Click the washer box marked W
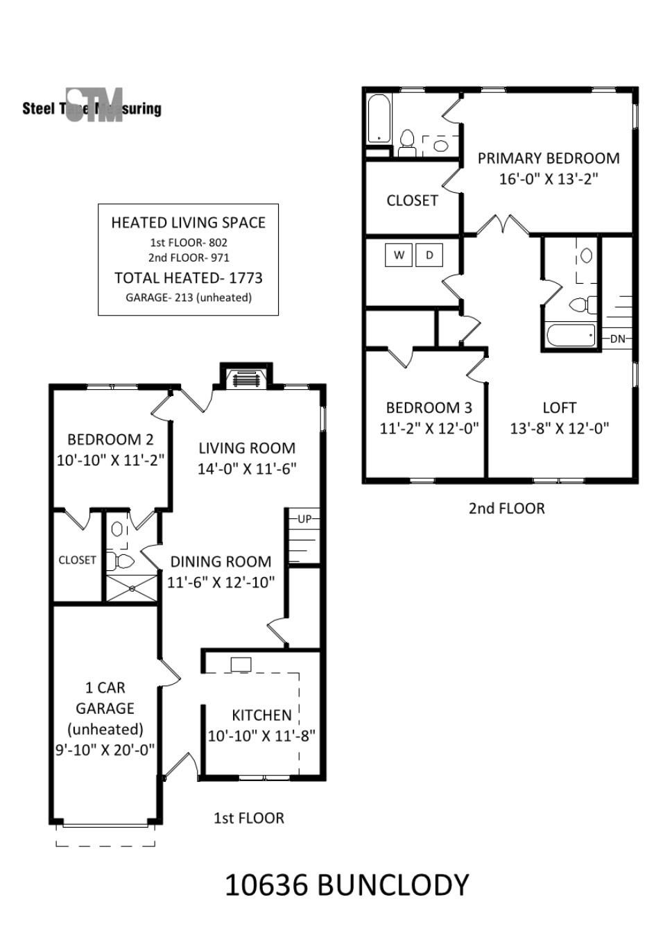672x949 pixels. [398, 255]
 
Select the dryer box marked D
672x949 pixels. [429, 255]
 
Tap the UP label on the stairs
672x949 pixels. [304, 519]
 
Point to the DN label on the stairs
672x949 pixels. [617, 339]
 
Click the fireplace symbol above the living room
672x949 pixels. [246, 378]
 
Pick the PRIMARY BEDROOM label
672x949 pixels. [549, 158]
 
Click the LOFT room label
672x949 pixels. [559, 408]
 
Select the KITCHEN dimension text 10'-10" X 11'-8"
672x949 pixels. [261, 735]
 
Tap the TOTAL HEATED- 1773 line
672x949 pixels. [189, 278]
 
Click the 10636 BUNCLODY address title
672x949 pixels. [347, 884]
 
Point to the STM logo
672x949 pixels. [95, 105]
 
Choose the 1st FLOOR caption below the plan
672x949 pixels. [248, 818]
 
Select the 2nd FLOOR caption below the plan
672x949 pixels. [506, 508]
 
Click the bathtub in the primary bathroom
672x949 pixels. [379, 118]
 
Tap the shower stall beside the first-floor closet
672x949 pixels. [132, 588]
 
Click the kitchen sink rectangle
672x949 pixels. [241, 665]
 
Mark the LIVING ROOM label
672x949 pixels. [247, 448]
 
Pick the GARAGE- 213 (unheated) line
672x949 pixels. [189, 298]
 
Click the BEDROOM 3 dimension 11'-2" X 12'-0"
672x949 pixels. [429, 428]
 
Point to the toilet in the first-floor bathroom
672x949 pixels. [120, 561]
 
